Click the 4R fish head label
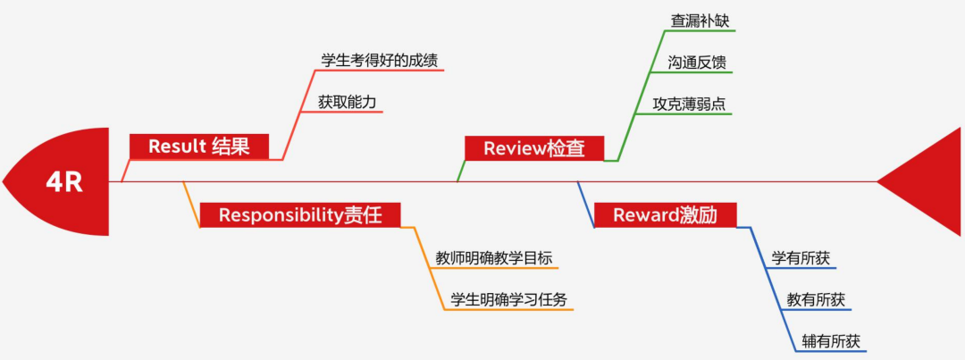[x=64, y=183]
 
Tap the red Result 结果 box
[x=198, y=147]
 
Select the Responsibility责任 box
[x=299, y=214]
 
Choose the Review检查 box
[x=534, y=148]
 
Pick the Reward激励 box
[x=663, y=214]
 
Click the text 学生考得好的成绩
[x=380, y=61]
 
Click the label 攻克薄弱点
[x=689, y=105]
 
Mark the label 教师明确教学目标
[x=488, y=258]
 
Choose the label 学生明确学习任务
[x=508, y=299]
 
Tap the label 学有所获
[x=801, y=258]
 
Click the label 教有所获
[x=816, y=300]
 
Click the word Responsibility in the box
[x=281, y=214]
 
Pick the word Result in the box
[x=178, y=147]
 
